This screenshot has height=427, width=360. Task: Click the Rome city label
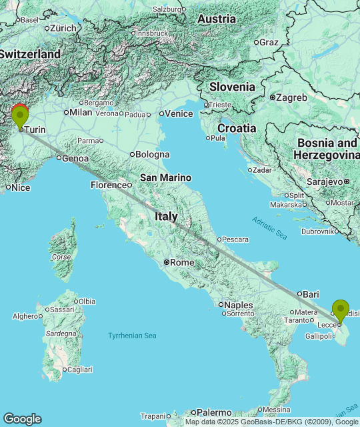pyautogui.click(x=182, y=262)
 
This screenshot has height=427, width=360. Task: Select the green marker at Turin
pyautogui.click(x=20, y=117)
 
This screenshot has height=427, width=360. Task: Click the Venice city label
pyautogui.click(x=179, y=113)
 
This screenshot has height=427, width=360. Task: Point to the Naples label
pyautogui.click(x=239, y=305)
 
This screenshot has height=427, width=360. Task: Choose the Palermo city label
pyautogui.click(x=213, y=412)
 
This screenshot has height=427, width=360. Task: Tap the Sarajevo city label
pyautogui.click(x=324, y=181)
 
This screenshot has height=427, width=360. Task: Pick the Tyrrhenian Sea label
pyautogui.click(x=132, y=335)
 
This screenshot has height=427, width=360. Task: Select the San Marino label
pyautogui.click(x=165, y=177)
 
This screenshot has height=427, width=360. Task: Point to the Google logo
pyautogui.click(x=22, y=418)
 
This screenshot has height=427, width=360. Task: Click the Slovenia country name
pyautogui.click(x=232, y=87)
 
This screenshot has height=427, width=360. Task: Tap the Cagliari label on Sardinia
pyautogui.click(x=79, y=369)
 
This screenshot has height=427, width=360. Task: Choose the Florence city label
pyautogui.click(x=109, y=185)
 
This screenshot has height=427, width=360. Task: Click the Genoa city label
pyautogui.click(x=75, y=158)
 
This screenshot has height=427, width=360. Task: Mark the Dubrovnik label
pyautogui.click(x=317, y=232)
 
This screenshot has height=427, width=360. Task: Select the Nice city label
pyautogui.click(x=21, y=187)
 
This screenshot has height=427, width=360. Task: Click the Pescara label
pyautogui.click(x=235, y=239)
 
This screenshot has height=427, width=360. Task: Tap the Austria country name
pyautogui.click(x=217, y=19)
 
